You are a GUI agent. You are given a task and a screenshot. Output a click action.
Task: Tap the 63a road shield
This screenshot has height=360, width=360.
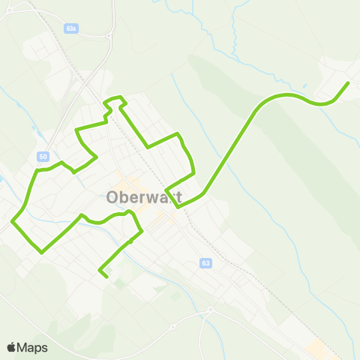pyautogui.click(x=71, y=27)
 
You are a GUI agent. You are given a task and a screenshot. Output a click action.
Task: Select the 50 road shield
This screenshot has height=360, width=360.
pyautogui.click(x=43, y=156)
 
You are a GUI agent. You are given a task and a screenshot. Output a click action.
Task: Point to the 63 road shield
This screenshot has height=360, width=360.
pyautogui.click(x=205, y=263)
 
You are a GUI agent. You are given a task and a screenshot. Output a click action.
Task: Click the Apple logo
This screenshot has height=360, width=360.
pyautogui.click(x=11, y=347)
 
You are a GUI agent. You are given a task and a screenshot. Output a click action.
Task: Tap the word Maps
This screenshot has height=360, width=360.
pyautogui.click(x=33, y=348)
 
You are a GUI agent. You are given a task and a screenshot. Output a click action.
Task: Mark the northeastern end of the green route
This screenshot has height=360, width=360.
pyautogui.click(x=349, y=82)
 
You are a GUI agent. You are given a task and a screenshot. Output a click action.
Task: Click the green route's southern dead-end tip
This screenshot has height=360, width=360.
pyautogui.click(x=106, y=277)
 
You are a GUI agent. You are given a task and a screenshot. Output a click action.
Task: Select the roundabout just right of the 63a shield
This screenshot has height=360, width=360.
pyautogui.click(x=109, y=34)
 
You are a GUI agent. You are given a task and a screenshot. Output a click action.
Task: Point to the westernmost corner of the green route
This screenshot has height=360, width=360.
pyautogui.click(x=13, y=222)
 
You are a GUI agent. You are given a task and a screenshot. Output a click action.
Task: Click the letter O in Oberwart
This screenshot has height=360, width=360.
pyautogui.click(x=112, y=198)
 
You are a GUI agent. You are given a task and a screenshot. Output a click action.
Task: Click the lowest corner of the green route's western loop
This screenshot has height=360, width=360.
pyautogui.click(x=42, y=252)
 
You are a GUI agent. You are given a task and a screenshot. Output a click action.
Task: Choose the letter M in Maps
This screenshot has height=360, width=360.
pyautogui.click(x=24, y=348)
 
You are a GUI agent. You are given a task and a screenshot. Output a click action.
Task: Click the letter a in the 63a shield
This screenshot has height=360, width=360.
pyautogui.click(x=75, y=27)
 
